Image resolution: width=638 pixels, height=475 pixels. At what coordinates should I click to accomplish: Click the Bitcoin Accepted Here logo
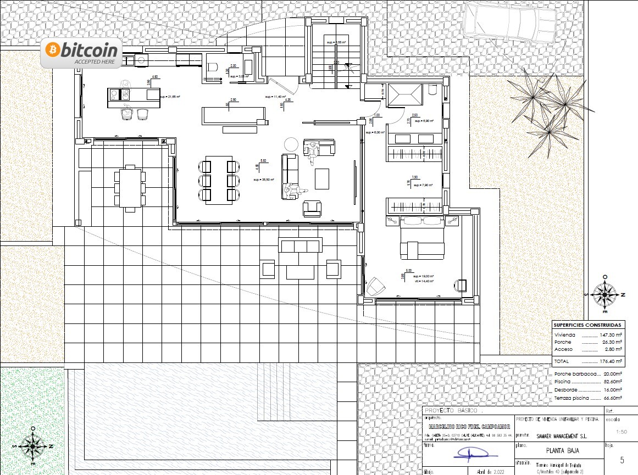[x=81, y=54]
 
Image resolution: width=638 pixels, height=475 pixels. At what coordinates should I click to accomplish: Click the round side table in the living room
[x=290, y=144]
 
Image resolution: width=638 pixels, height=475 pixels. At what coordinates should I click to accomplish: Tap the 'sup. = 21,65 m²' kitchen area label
[x=170, y=97]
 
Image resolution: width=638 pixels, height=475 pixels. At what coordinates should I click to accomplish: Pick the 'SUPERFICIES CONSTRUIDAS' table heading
[x=588, y=325]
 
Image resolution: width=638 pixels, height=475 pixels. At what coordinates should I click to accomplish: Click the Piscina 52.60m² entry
[x=588, y=381]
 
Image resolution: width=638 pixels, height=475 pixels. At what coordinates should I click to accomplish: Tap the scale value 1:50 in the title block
[x=622, y=432]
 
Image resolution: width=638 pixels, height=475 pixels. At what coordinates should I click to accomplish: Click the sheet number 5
[x=622, y=460]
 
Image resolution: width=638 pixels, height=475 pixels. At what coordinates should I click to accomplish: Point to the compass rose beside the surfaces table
[x=605, y=294]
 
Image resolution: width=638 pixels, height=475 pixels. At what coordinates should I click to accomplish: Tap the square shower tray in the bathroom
[x=404, y=97]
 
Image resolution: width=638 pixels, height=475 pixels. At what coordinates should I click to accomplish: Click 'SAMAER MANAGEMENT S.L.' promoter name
[x=558, y=436]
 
